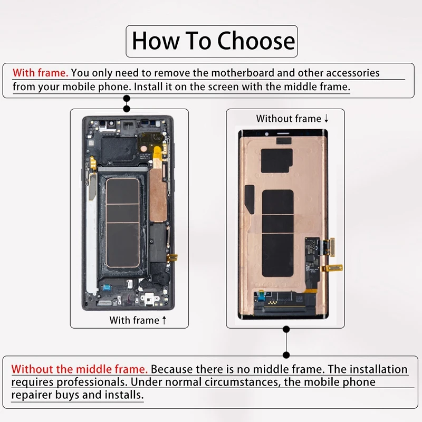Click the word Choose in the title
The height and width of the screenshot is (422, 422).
click(x=256, y=41)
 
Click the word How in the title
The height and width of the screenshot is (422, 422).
click(x=156, y=41)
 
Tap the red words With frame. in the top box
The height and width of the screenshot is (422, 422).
click(x=41, y=73)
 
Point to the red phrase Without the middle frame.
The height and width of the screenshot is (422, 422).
click(x=80, y=369)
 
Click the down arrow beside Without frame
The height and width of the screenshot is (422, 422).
click(x=326, y=118)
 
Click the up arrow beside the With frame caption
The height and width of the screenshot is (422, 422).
click(x=164, y=320)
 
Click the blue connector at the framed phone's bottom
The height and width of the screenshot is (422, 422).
click(x=107, y=287)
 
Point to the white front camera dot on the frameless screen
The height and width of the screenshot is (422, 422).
click(x=266, y=134)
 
